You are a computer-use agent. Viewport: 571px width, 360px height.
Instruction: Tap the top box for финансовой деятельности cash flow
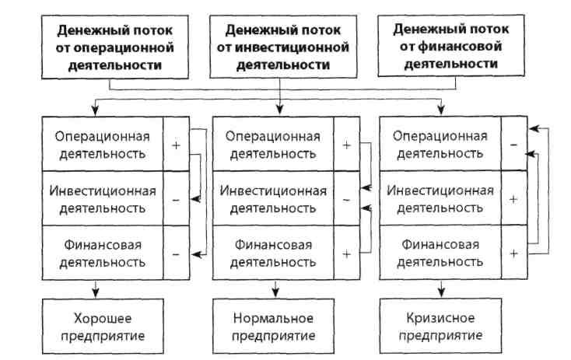446,46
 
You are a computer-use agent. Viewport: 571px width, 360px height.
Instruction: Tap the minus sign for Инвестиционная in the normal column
346,199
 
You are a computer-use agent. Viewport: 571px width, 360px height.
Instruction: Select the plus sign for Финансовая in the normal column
346,253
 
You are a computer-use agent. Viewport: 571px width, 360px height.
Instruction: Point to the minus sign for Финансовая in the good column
176,253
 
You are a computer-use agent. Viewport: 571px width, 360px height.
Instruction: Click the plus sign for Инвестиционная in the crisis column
513,199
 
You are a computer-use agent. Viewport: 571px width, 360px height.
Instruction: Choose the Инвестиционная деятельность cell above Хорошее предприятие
104,199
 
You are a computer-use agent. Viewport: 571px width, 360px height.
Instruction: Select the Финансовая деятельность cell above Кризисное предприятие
442,253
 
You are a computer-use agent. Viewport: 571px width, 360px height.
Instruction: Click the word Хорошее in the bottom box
104,320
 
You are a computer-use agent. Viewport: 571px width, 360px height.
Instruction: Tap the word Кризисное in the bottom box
442,320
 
